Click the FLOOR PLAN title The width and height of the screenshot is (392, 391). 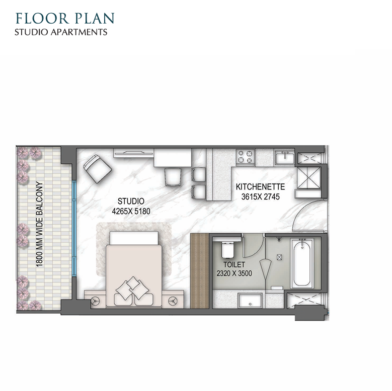[x=65, y=18]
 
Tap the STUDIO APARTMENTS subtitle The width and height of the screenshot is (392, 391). [x=61, y=32]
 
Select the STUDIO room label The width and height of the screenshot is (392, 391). [x=131, y=201]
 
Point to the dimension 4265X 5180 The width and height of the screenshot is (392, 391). [x=131, y=212]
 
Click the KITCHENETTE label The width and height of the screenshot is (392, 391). [x=260, y=187]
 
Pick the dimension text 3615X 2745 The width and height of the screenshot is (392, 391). [x=261, y=197]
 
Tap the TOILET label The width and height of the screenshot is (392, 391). [x=234, y=264]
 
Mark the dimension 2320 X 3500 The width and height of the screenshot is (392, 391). [x=234, y=273]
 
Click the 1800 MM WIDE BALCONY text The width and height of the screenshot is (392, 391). [x=39, y=224]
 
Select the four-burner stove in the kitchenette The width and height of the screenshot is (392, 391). [x=246, y=157]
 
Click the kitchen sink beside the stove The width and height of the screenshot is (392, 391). [x=284, y=158]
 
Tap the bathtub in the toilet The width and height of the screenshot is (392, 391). [x=302, y=263]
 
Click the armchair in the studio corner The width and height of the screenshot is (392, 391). [x=98, y=168]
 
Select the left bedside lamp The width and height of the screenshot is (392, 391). [x=95, y=301]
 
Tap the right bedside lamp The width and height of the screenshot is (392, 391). [x=173, y=301]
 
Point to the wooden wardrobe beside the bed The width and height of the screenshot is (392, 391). [x=199, y=271]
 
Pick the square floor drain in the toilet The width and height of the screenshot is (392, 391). [x=279, y=257]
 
